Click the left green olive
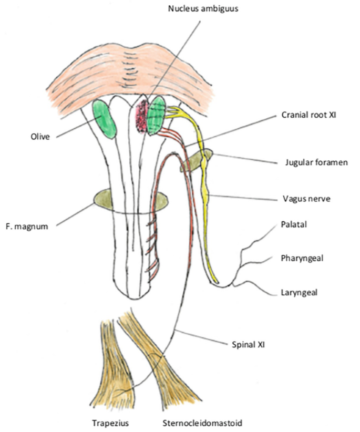[106, 120]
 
